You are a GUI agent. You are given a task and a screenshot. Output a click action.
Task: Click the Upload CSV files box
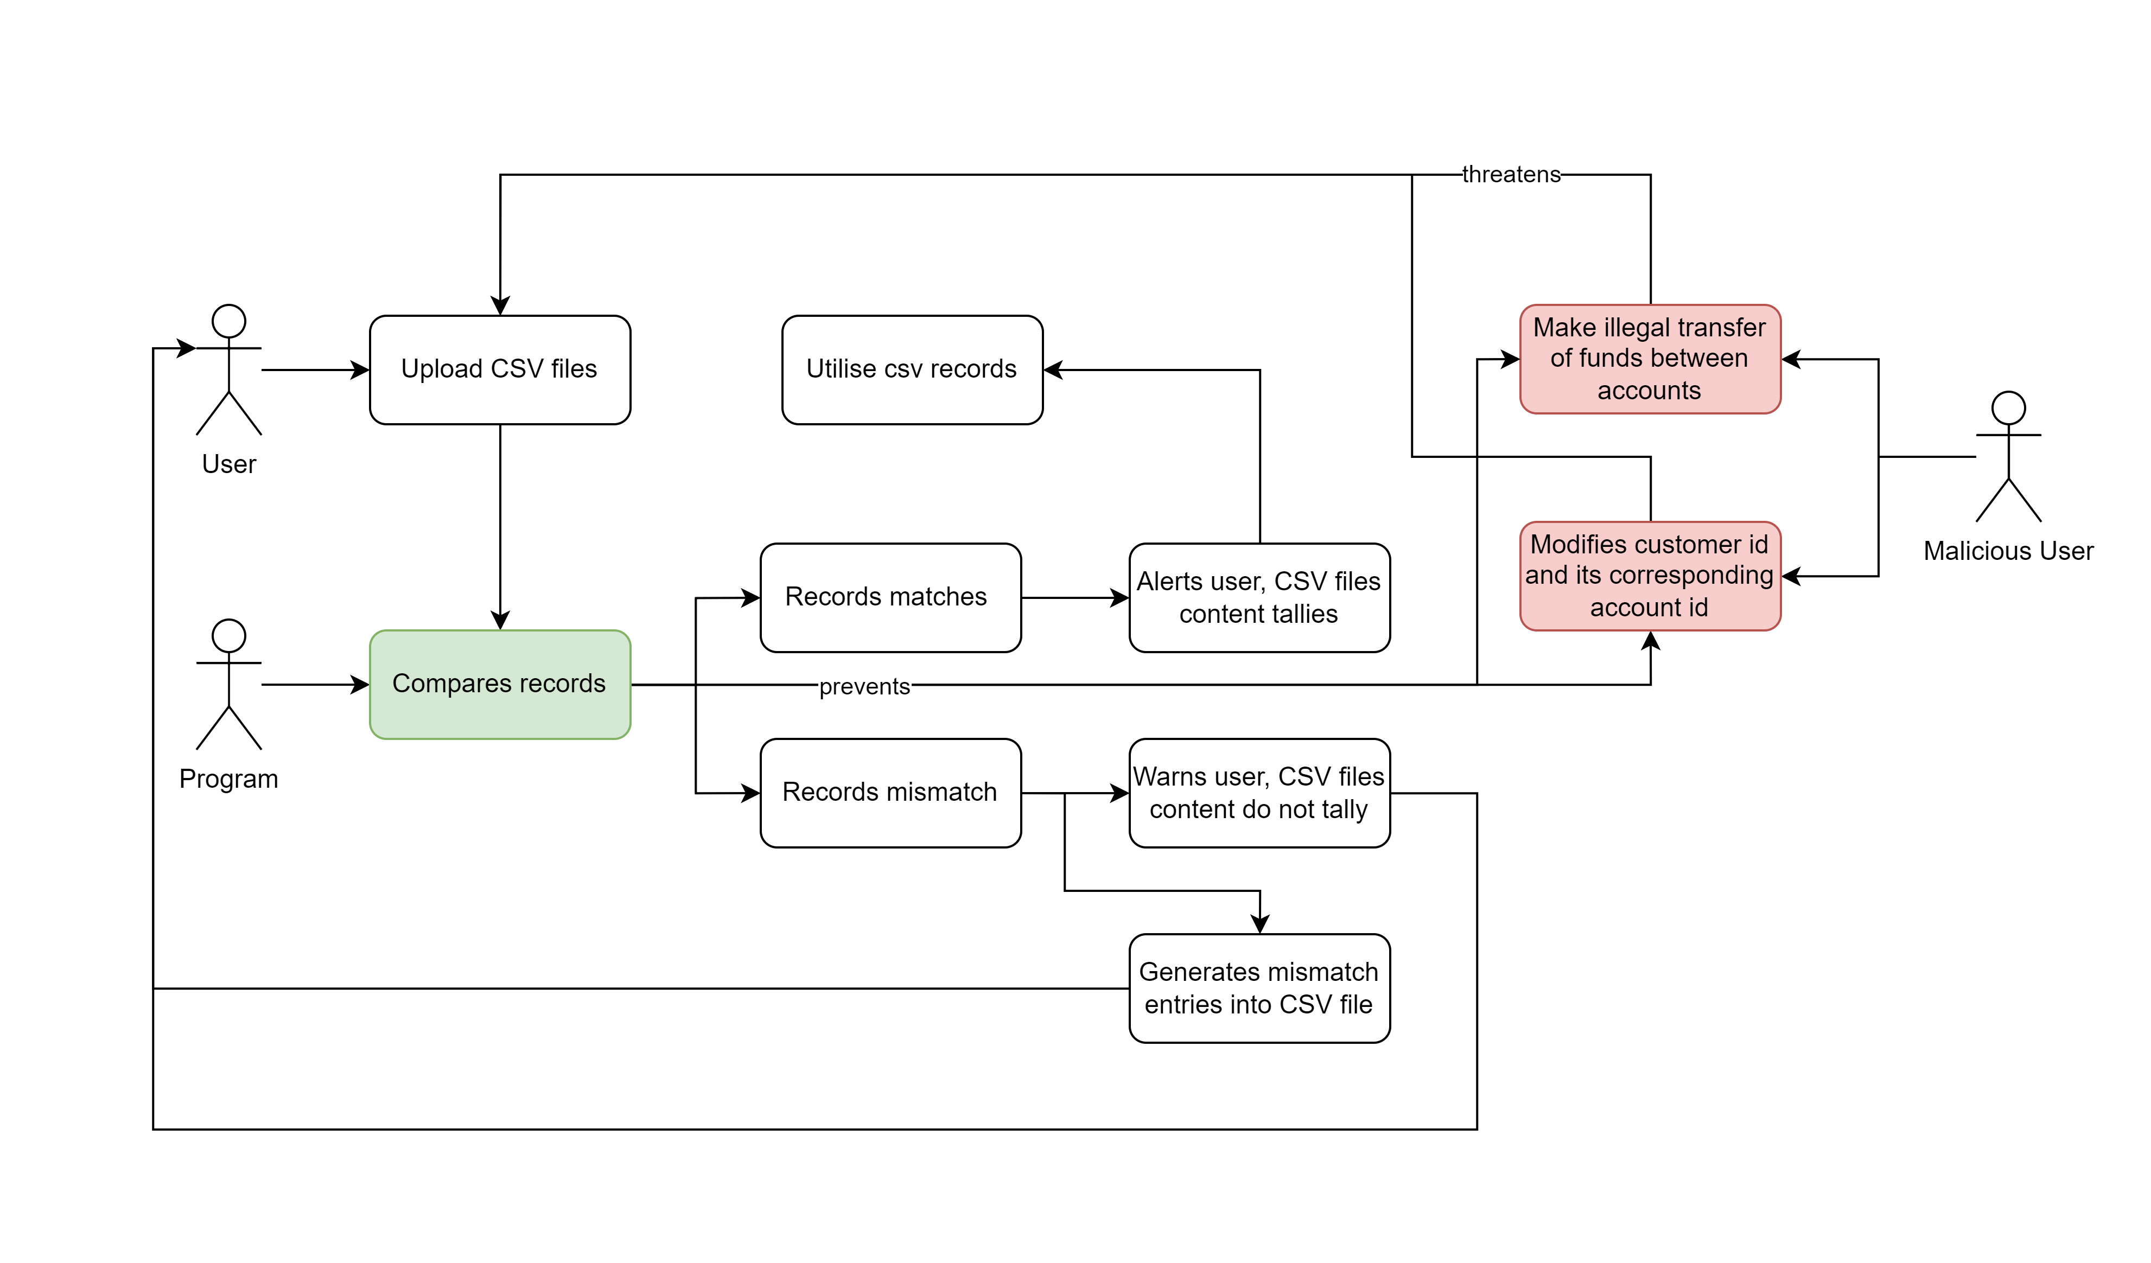[499, 369]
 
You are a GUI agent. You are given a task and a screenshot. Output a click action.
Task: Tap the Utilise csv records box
[912, 369]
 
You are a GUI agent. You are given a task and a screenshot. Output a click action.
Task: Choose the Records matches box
[889, 597]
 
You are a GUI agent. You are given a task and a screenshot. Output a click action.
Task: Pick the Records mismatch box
[889, 792]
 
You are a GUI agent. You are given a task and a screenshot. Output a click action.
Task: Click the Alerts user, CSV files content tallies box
[1258, 597]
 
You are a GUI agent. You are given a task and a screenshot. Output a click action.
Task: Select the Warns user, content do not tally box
[1258, 792]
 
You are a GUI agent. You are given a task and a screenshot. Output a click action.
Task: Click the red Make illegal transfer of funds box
[1649, 359]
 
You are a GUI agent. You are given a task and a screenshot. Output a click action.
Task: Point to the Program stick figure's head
[229, 636]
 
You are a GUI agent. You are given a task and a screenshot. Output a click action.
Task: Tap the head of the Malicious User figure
[2008, 408]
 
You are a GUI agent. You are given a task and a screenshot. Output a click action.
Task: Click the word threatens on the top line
[1511, 174]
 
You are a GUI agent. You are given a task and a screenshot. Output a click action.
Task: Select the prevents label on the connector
[864, 686]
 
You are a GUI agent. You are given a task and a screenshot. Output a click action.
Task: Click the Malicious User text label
[2008, 551]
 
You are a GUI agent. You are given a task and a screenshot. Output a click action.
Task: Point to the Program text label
[229, 779]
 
